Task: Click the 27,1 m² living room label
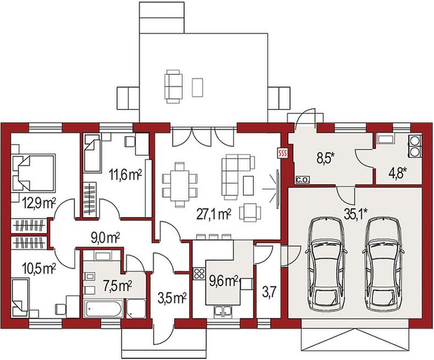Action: click(214, 214)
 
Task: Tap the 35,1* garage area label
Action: click(356, 214)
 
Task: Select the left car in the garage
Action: click(326, 264)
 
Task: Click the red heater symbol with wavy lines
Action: click(283, 153)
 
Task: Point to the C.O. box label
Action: click(303, 180)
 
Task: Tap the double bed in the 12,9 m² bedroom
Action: click(33, 173)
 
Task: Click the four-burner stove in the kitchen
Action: click(199, 274)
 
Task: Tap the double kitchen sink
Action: click(223, 311)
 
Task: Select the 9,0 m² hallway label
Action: click(105, 238)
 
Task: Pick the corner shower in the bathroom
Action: click(136, 309)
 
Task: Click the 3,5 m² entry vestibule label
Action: click(171, 299)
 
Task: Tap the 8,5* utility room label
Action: click(325, 160)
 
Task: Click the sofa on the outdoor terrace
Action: click(173, 86)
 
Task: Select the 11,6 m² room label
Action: click(125, 175)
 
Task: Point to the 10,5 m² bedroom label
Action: click(40, 268)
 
